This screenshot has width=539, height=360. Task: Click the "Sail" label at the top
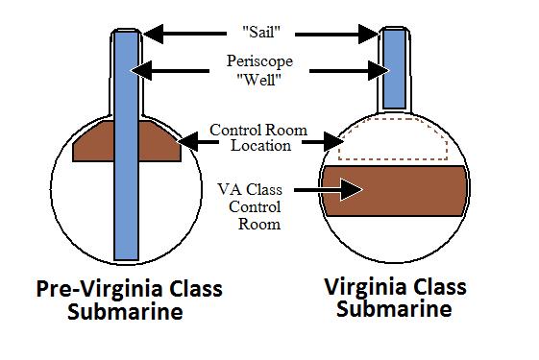tap(261, 32)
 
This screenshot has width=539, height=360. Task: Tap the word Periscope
tap(259, 61)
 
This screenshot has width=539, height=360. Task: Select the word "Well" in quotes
tap(259, 80)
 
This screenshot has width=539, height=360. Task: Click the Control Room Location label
tap(258, 137)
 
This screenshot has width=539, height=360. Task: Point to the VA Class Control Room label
tap(250, 206)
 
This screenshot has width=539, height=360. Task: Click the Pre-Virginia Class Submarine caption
tap(130, 300)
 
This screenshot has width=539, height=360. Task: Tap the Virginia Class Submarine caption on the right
tap(395, 298)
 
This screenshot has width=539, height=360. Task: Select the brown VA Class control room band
tap(395, 191)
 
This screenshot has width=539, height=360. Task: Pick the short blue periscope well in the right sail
tap(395, 69)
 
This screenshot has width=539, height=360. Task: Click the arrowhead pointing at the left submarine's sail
tap(153, 34)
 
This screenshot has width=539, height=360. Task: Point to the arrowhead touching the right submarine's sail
tap(368, 34)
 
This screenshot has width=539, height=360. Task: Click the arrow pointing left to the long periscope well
tap(170, 71)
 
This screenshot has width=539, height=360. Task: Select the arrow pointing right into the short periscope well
tap(350, 71)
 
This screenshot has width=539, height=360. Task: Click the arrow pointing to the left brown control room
tap(198, 141)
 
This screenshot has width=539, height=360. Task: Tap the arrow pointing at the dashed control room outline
tap(323, 141)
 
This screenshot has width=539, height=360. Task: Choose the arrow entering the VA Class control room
tap(329, 189)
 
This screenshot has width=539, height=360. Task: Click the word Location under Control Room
tap(261, 145)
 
